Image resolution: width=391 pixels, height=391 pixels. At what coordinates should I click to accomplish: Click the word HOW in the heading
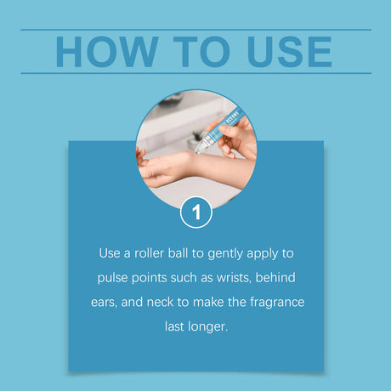tap(107, 52)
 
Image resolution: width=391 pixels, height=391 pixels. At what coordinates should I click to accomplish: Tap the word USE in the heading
tap(289, 52)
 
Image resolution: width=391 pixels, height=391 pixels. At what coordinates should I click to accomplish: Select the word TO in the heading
tap(201, 52)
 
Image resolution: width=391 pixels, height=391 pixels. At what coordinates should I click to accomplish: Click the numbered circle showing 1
tap(196, 212)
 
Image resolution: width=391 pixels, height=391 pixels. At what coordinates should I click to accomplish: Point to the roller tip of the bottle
tap(199, 150)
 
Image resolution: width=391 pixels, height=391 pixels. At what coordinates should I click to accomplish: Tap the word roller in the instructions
tap(149, 253)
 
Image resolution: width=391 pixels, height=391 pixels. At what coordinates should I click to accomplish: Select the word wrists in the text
tap(234, 278)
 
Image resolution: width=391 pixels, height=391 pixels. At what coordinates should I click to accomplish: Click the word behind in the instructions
tap(275, 277)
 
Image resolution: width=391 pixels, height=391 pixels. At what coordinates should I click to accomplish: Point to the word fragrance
tap(277, 303)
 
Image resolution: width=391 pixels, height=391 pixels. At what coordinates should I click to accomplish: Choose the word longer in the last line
tap(208, 327)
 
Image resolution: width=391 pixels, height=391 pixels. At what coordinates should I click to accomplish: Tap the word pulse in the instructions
tap(112, 278)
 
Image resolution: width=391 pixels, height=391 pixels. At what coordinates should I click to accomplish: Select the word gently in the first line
tap(225, 254)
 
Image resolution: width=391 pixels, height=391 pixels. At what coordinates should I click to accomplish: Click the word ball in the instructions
tap(178, 253)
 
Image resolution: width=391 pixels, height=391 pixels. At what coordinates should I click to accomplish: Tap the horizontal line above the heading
tap(195, 30)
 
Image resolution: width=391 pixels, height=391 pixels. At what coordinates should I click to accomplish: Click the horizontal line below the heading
tap(195, 73)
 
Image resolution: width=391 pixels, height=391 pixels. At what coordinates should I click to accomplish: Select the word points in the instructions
tap(149, 278)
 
